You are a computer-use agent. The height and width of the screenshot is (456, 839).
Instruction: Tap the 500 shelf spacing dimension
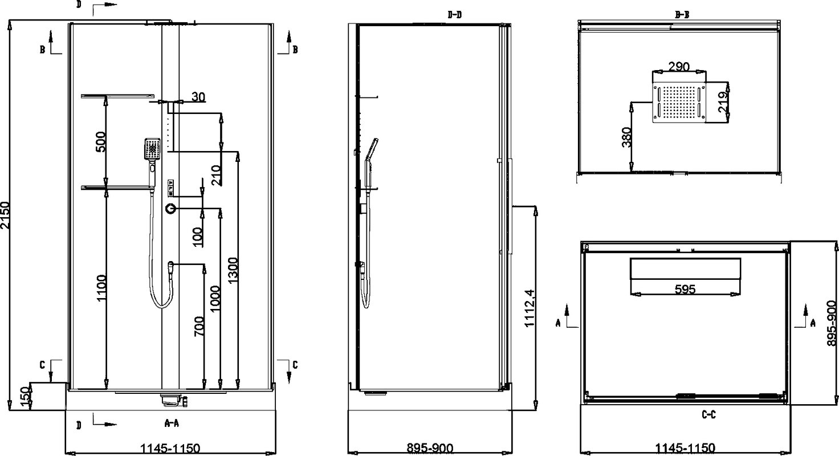[x=101, y=141]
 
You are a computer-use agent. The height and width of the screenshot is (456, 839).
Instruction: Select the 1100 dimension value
[x=101, y=288]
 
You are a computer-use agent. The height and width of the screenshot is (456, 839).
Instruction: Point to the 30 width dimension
[x=198, y=97]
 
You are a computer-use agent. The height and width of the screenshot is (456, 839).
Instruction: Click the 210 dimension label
[x=217, y=175]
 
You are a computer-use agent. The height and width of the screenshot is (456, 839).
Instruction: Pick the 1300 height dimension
[x=233, y=270]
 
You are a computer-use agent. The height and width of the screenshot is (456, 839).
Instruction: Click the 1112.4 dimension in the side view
[x=530, y=308]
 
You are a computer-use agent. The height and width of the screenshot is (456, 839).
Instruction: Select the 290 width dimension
[x=679, y=67]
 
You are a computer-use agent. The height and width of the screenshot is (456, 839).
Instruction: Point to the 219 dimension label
[x=723, y=101]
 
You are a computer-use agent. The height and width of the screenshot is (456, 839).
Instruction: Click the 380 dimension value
[x=626, y=137]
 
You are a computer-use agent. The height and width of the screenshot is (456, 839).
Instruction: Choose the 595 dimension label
[x=685, y=289]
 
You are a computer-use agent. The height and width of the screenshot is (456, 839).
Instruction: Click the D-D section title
[x=455, y=15]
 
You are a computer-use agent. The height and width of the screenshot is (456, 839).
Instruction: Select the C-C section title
[x=708, y=414]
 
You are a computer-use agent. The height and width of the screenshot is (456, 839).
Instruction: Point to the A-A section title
[x=172, y=423]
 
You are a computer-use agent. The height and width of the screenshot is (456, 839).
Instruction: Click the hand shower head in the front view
[x=152, y=149]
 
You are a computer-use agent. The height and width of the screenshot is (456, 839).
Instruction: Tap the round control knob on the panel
[x=171, y=209]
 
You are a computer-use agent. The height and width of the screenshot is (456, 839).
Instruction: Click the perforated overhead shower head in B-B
[x=679, y=103]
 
